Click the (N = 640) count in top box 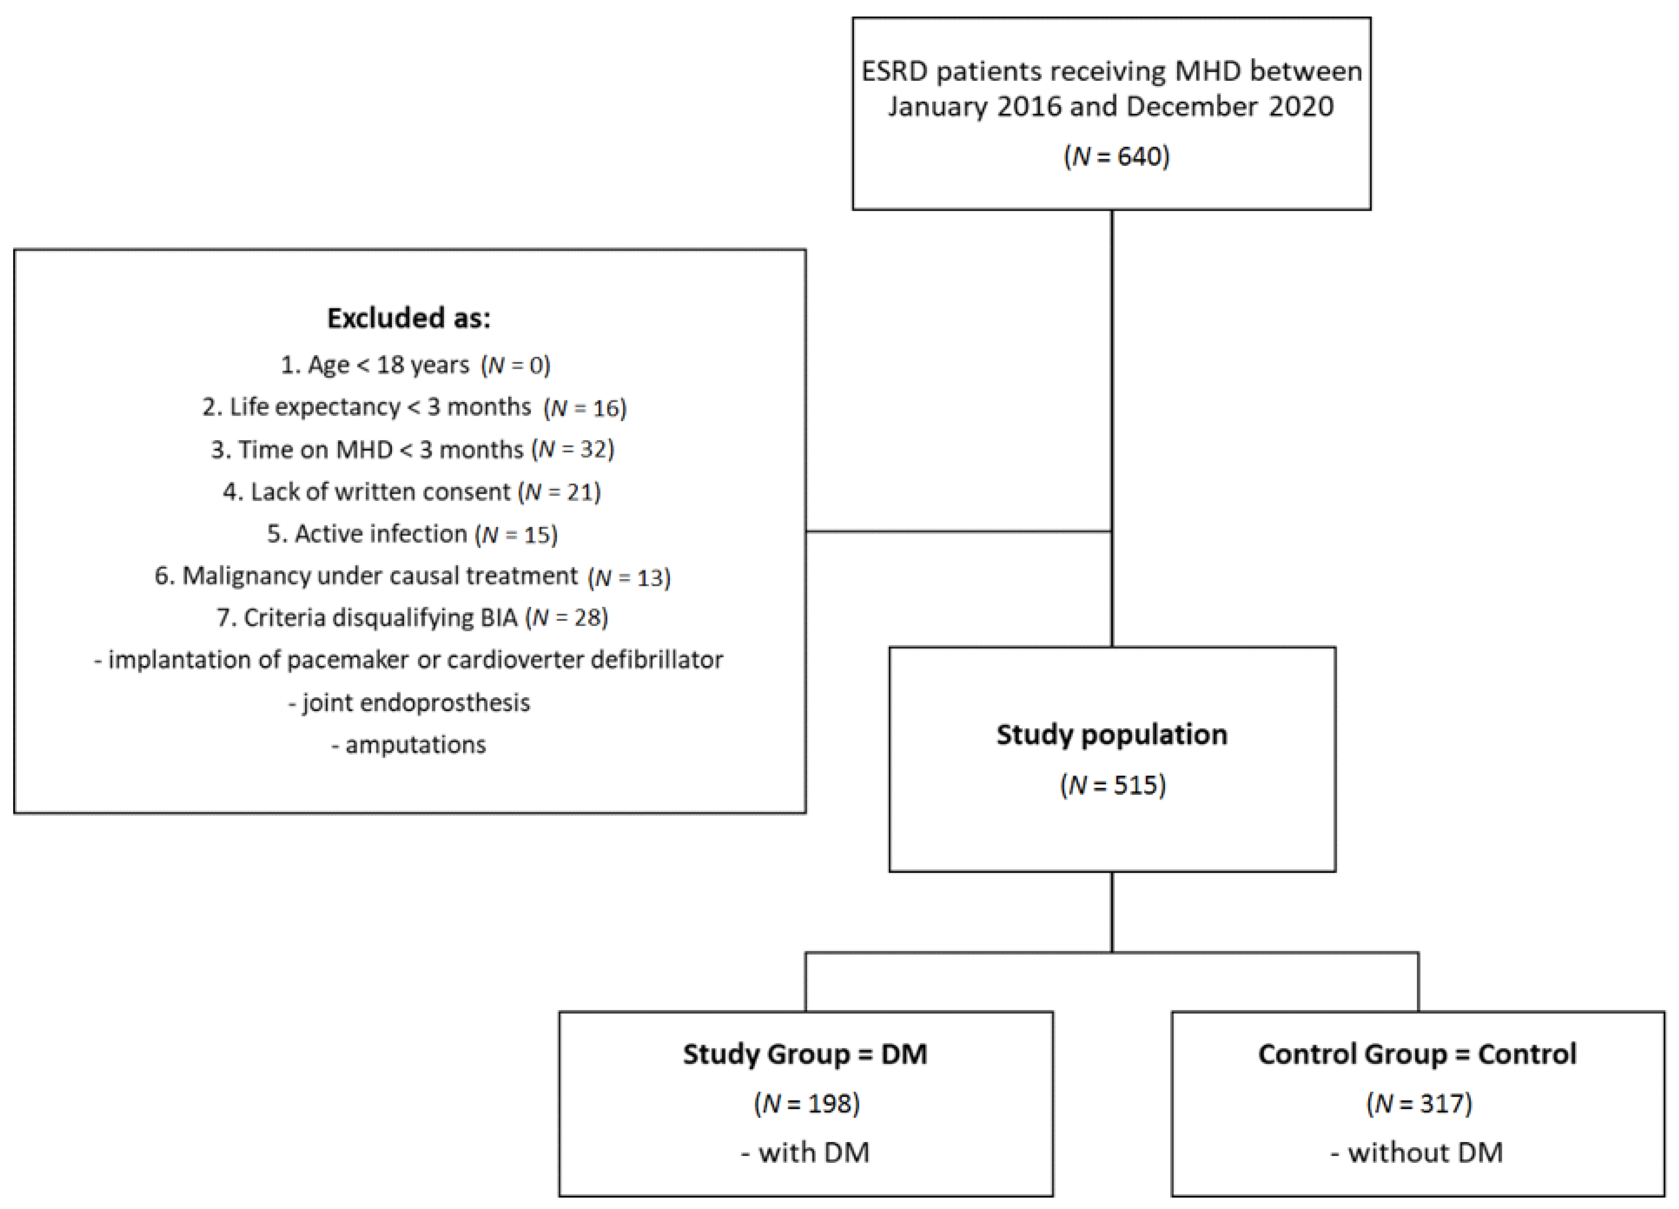[1116, 156]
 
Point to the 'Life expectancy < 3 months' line [415, 407]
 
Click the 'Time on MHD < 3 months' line [412, 449]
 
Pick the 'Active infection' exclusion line [412, 533]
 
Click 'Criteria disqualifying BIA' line [412, 617]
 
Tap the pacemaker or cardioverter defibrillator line [409, 659]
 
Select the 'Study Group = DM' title [805, 1054]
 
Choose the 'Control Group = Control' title [1417, 1054]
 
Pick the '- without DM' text [1417, 1152]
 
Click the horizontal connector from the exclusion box [959, 531]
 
